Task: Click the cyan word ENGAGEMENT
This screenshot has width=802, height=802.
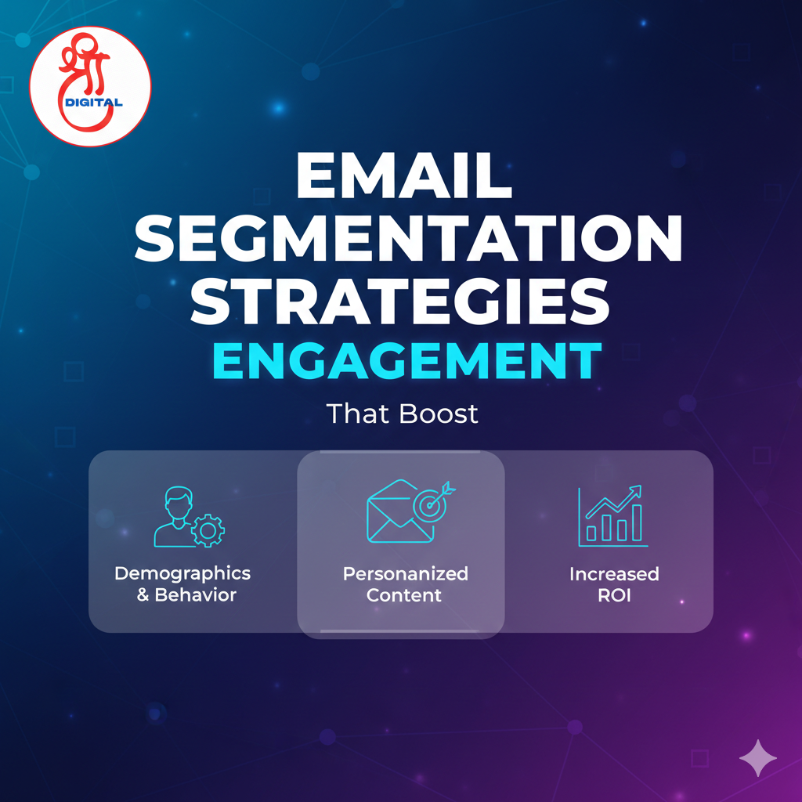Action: [x=401, y=361]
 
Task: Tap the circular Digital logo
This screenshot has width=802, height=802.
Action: [x=90, y=85]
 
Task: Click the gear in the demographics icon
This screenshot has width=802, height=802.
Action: [x=208, y=530]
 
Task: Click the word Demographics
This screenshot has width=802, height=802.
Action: [x=182, y=573]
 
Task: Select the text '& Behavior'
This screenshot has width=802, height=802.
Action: [x=186, y=594]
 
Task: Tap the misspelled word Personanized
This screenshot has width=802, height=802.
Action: [x=405, y=573]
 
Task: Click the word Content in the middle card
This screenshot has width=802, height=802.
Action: [x=404, y=595]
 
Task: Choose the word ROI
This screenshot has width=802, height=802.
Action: [x=614, y=595]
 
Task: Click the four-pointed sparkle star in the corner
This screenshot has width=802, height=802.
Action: [x=757, y=757]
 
